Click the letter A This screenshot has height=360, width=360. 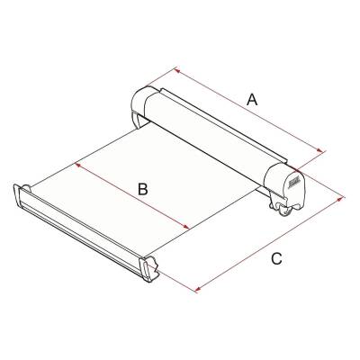click(253, 101)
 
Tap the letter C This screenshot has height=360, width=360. click(277, 259)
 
